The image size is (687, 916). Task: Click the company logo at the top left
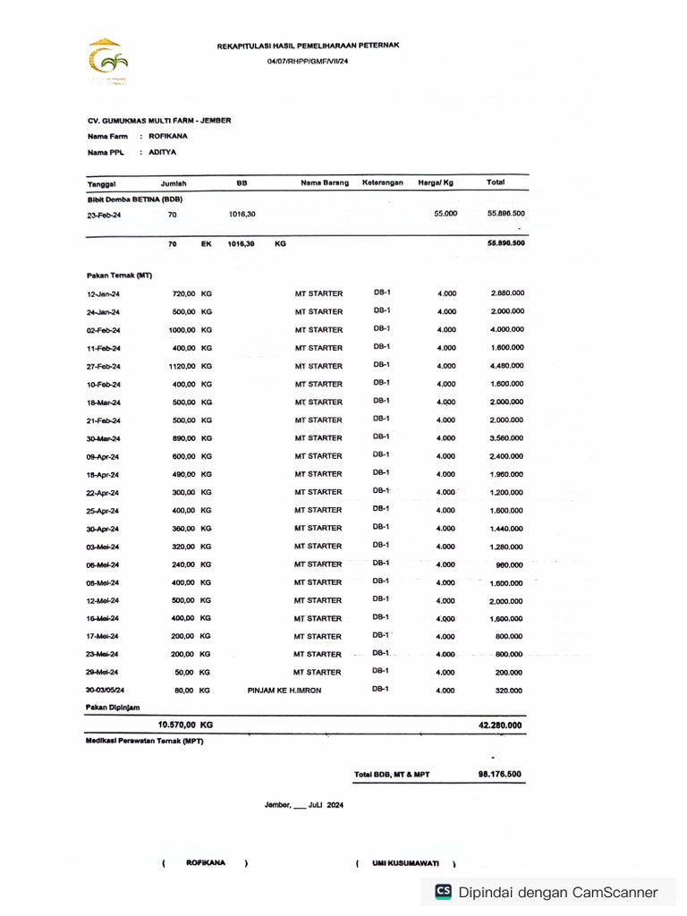[106, 61]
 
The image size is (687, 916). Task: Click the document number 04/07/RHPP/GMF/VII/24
[308, 61]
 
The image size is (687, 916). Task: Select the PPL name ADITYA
[163, 153]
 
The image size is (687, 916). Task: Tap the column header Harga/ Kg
[436, 182]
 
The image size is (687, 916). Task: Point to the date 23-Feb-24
[104, 216]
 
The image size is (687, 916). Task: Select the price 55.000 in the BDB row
[445, 214]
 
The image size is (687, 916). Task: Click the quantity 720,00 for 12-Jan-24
[183, 293]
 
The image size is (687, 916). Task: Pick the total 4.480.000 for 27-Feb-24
[506, 366]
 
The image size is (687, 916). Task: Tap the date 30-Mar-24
[103, 438]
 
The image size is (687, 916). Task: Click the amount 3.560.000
[506, 438]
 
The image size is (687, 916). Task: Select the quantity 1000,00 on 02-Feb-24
[182, 330]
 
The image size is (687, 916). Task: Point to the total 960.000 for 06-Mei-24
[509, 564]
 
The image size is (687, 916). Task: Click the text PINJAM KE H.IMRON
[284, 691]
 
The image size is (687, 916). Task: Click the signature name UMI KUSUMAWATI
[406, 863]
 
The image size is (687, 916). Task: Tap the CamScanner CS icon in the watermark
[443, 891]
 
